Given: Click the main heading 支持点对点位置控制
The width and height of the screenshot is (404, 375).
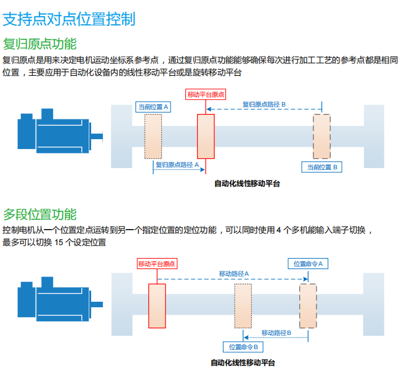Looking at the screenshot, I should pyautogui.click(x=69, y=18).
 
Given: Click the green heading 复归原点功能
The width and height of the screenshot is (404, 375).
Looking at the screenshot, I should pyautogui.click(x=40, y=44).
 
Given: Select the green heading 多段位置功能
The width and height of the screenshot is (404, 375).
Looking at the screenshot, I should pyautogui.click(x=40, y=214).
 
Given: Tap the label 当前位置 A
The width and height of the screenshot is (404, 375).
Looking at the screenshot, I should pyautogui.click(x=153, y=107).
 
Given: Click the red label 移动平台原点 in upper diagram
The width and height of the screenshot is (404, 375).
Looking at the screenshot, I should pyautogui.click(x=206, y=94).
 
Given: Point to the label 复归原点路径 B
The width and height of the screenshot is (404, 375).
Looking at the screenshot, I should pyautogui.click(x=264, y=105).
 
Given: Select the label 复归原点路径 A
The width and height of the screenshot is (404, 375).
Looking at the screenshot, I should pyautogui.click(x=177, y=165).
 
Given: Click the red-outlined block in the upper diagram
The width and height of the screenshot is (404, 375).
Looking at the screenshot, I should pyautogui.click(x=206, y=136).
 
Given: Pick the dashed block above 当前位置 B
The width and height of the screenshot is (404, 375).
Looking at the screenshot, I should pyautogui.click(x=321, y=136).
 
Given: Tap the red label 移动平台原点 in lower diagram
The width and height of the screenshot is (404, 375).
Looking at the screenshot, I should pyautogui.click(x=156, y=264).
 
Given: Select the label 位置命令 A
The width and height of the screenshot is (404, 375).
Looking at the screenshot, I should pyautogui.click(x=308, y=264).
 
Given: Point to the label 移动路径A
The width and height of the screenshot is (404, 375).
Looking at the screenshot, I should pyautogui.click(x=234, y=273).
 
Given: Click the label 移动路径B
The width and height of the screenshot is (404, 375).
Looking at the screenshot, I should pyautogui.click(x=277, y=333).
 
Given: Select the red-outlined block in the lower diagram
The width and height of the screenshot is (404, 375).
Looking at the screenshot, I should pyautogui.click(x=157, y=305).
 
